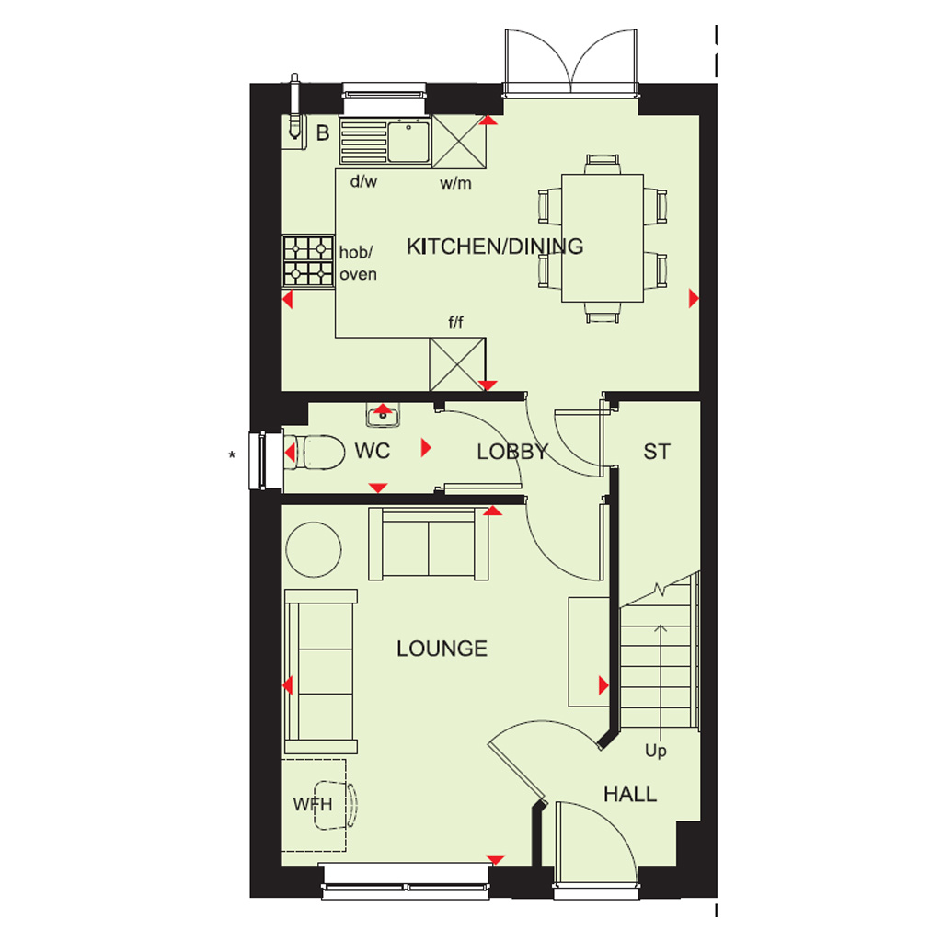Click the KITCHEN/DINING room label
pos(495,247)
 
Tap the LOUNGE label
pos(442,649)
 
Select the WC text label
pos(373,451)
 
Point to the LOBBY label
pos(512,452)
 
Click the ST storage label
pos(657,452)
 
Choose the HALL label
pos(630,794)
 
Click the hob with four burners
pos(308,261)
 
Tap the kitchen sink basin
pos(408,142)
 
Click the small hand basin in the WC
pos(384,415)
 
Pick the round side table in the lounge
pos(314,550)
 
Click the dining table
pos(603,238)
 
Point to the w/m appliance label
pos(455,183)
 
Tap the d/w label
pos(363,181)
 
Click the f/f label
pos(456,323)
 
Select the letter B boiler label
pos(323,132)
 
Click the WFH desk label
pos(313,804)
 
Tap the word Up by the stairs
pos(655,751)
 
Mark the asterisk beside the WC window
pos(232,455)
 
